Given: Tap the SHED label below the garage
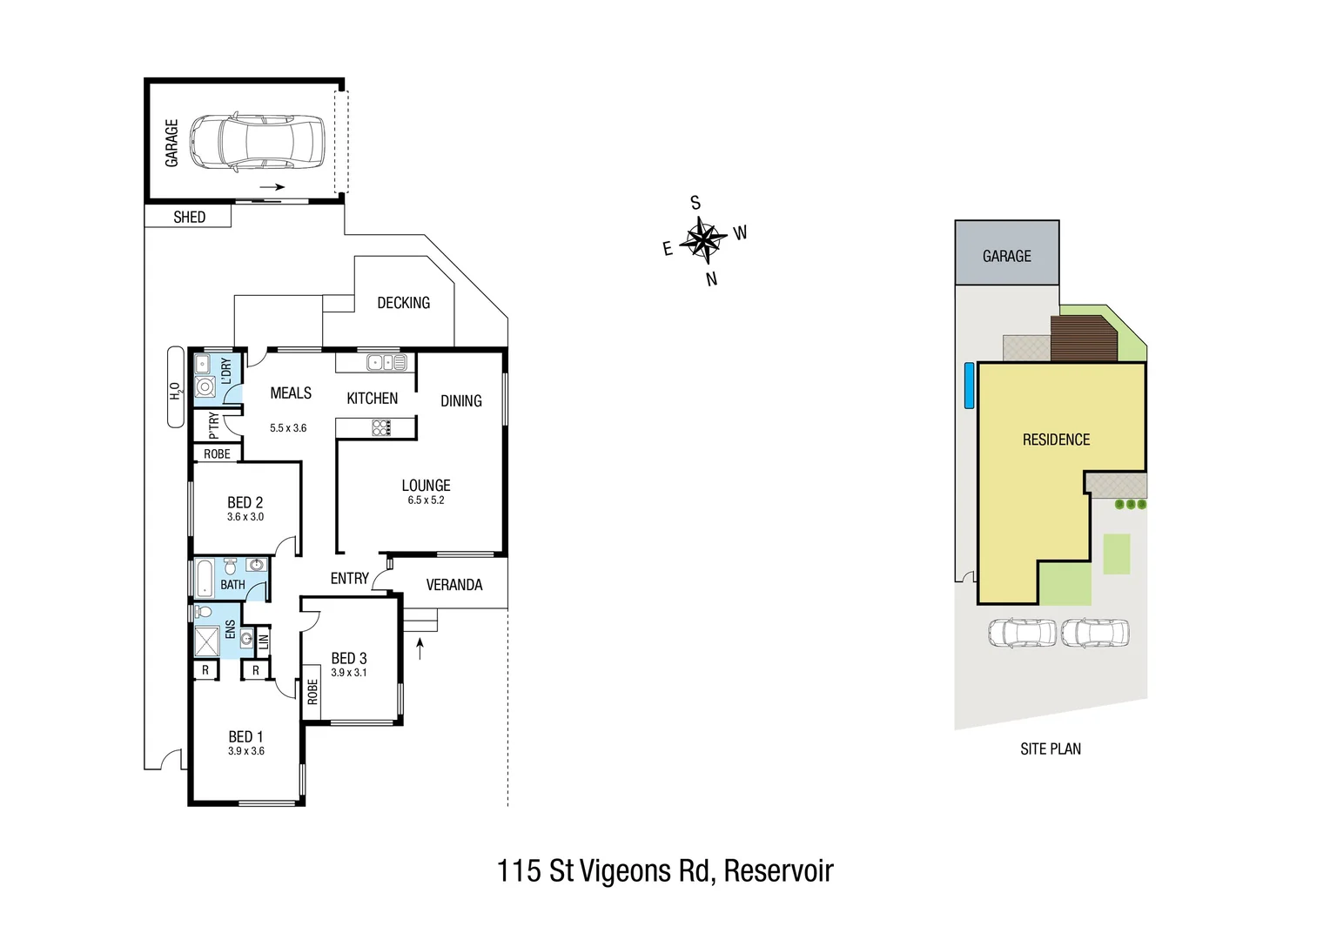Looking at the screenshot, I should (x=189, y=217).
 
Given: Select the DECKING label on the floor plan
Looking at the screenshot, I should (x=403, y=303).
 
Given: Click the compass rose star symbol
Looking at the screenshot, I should (x=704, y=239).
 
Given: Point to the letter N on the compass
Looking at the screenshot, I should (x=711, y=279).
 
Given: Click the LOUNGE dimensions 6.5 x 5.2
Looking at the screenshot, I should (x=426, y=500).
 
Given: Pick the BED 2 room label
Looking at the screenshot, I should (x=245, y=502).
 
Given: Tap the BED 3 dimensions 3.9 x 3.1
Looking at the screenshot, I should (x=348, y=673).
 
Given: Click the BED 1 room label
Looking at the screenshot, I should (x=245, y=736).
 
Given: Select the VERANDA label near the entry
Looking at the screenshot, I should (x=453, y=585).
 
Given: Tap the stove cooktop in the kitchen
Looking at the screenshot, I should (x=381, y=427).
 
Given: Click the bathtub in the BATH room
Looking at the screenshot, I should (x=204, y=578).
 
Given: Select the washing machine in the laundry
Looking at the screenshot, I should (x=205, y=387).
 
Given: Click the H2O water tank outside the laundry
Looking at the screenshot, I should (x=176, y=388).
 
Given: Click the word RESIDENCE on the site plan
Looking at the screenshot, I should (x=1056, y=440).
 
